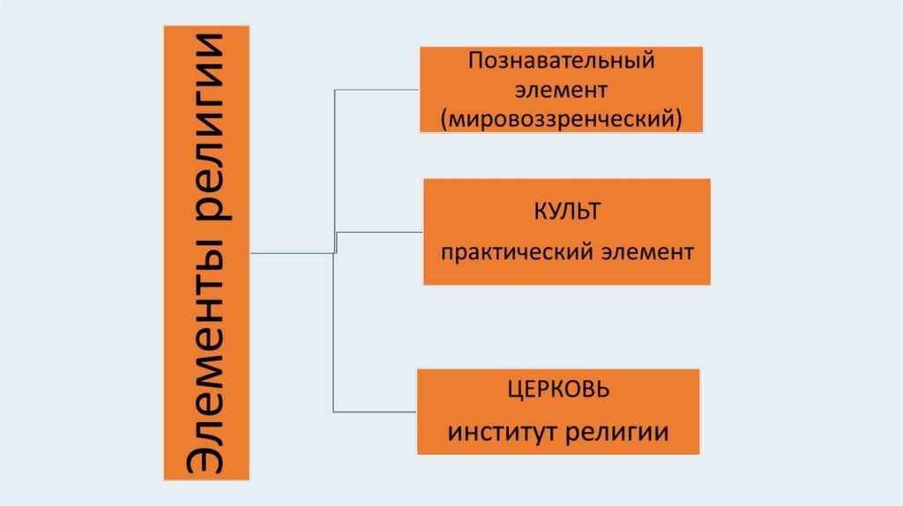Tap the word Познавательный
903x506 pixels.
tap(562, 63)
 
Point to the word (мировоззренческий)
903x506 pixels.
tap(563, 116)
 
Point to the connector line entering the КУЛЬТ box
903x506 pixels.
tap(380, 233)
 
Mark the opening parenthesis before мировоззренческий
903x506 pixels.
tap(447, 116)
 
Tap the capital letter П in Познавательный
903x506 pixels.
tap(475, 63)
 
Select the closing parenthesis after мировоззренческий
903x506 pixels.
tap(679, 116)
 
